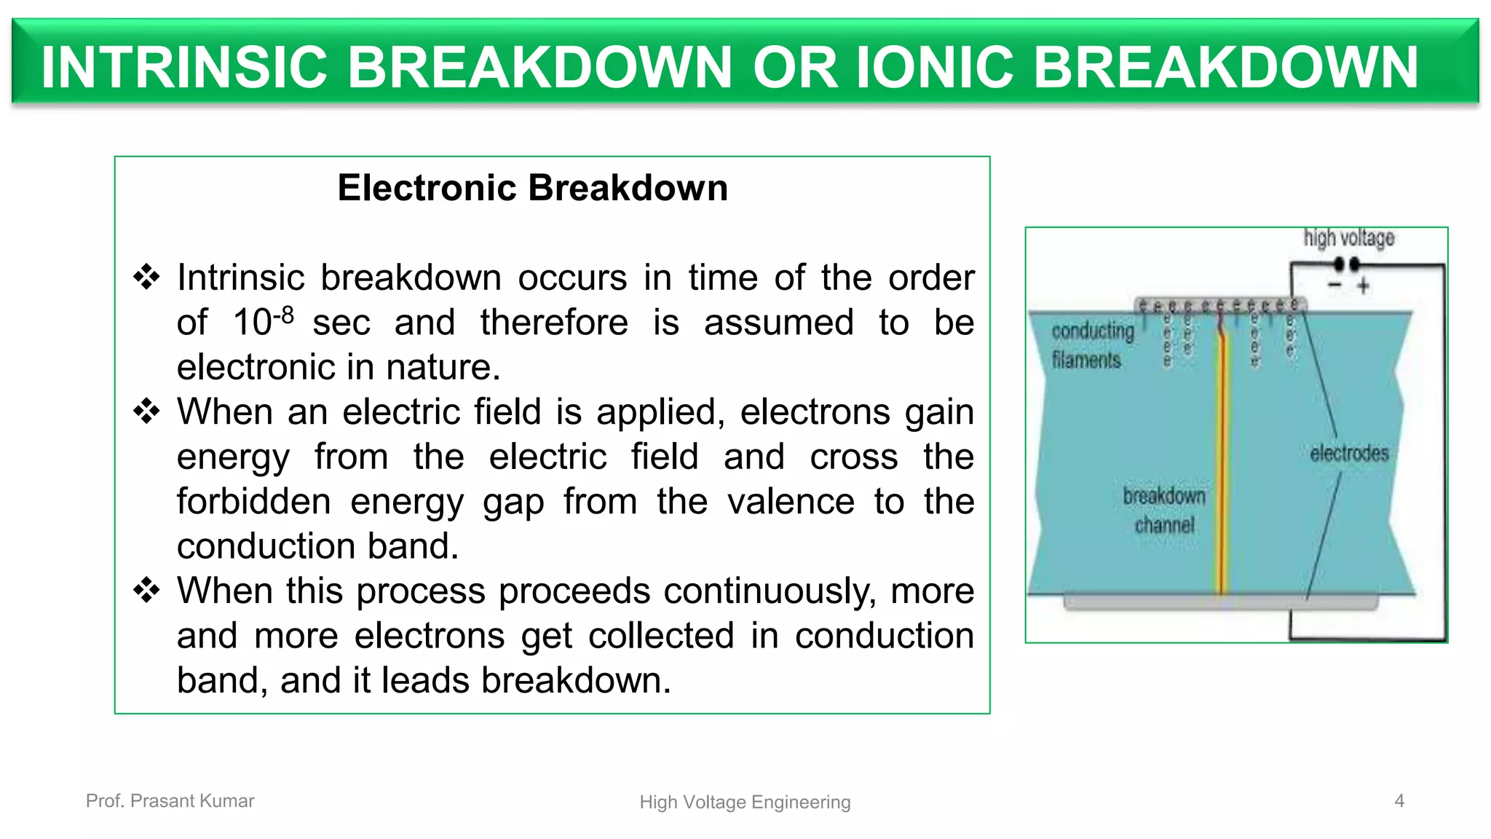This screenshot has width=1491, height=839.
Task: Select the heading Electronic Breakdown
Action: [532, 188]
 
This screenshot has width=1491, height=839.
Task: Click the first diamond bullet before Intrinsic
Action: [146, 277]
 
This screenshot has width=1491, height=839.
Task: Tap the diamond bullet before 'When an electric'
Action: [146, 411]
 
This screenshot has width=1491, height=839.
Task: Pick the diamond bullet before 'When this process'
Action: [146, 591]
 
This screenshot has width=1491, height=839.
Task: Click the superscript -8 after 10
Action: [284, 315]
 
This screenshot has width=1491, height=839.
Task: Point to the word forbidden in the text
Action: [253, 502]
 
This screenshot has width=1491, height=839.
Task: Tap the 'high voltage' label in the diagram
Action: [1348, 238]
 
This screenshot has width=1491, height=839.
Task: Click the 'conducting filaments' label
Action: [1092, 345]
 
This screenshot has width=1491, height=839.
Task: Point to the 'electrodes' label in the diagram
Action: [1349, 453]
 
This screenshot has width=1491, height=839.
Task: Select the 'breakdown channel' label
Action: [1164, 510]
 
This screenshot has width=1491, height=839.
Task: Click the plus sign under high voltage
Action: [1363, 286]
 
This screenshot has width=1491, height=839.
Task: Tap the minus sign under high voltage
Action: [1334, 285]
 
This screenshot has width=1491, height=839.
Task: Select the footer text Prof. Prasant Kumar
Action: [170, 801]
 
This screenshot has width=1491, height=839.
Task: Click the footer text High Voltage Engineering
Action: [745, 803]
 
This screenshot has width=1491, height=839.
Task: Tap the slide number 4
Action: [1399, 801]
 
